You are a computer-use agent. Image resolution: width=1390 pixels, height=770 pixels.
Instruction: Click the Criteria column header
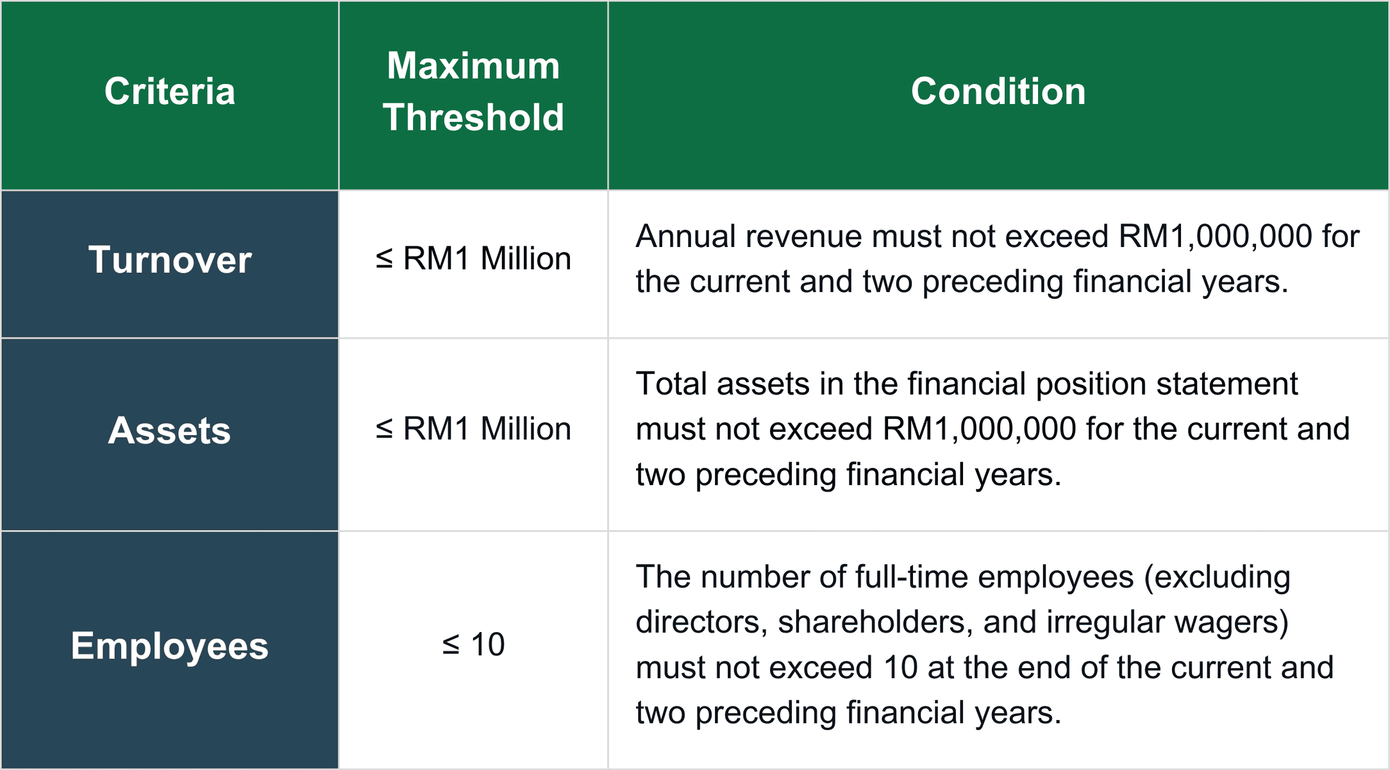(x=170, y=91)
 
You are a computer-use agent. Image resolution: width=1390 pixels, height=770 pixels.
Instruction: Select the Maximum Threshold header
(x=473, y=92)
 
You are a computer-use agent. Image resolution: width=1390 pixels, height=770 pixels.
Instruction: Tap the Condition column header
(x=998, y=91)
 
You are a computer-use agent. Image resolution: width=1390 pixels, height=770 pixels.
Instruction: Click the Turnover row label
(x=170, y=260)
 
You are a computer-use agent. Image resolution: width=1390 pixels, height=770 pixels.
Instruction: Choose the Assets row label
(x=170, y=430)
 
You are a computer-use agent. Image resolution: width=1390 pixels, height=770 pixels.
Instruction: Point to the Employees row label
(x=170, y=646)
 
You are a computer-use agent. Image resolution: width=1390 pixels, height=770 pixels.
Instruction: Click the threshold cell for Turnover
(x=473, y=259)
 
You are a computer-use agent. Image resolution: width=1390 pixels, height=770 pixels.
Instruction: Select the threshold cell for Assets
(x=473, y=429)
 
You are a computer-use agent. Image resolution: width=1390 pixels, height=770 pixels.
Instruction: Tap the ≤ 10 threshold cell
(x=473, y=644)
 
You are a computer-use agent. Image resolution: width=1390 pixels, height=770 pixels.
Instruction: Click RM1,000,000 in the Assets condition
(x=980, y=429)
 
